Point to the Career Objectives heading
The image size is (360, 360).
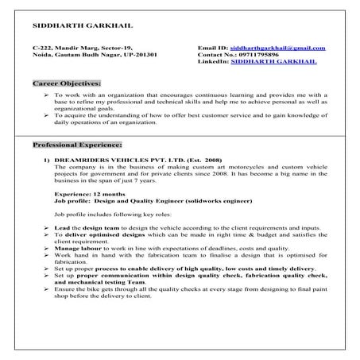66,83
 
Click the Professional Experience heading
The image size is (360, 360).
77,146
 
